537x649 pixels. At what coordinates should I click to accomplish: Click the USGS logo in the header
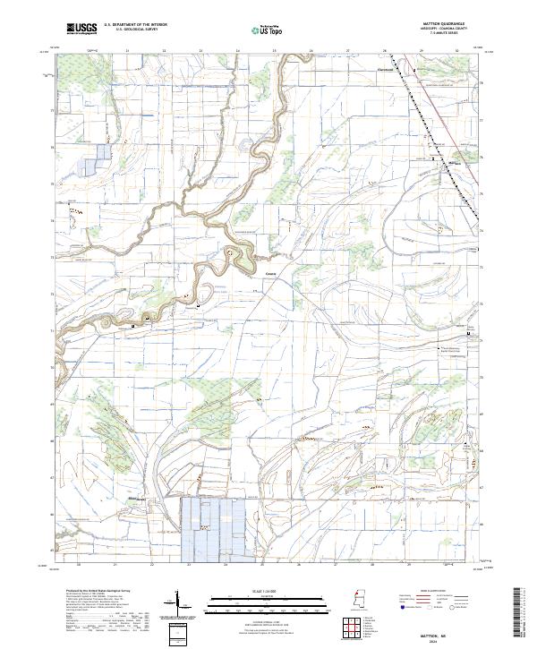[81, 29]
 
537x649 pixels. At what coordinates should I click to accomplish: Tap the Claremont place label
[384, 66]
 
